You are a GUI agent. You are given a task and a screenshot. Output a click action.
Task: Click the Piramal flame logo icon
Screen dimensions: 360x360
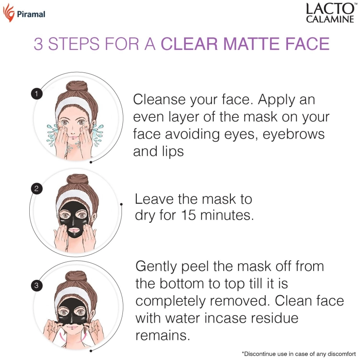tap(9, 13)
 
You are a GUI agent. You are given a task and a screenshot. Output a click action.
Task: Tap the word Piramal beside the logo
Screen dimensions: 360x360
tap(31, 14)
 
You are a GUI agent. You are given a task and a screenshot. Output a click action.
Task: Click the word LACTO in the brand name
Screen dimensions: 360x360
tap(330, 9)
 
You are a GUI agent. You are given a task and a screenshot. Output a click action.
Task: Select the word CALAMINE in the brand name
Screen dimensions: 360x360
tap(330, 19)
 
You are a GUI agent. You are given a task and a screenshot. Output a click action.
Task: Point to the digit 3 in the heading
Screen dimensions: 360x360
tap(38, 44)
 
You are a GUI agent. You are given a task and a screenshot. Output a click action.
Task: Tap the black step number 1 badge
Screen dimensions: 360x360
tap(36, 94)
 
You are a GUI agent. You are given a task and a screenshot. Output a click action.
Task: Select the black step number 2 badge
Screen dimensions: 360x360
tap(36, 189)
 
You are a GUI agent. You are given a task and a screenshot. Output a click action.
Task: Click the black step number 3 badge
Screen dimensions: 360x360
tap(36, 285)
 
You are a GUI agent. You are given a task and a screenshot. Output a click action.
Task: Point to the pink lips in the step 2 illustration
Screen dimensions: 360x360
tap(74, 230)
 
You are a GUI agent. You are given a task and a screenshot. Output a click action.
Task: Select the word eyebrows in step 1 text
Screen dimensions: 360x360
tap(293, 134)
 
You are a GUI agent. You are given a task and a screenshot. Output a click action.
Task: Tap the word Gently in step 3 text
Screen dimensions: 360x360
tap(156, 267)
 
